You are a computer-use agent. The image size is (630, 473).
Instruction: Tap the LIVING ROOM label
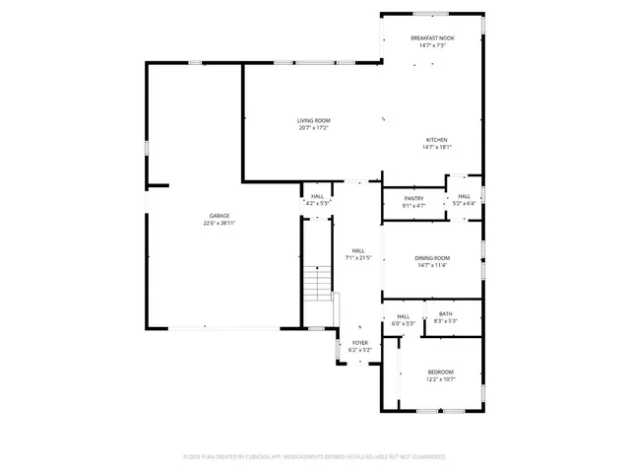point(313,120)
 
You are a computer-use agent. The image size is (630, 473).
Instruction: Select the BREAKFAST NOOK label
point(432,37)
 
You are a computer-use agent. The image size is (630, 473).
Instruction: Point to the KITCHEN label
point(436,140)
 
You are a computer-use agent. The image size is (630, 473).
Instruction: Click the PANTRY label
point(413,198)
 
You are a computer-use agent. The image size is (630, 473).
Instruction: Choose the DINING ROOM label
point(432,257)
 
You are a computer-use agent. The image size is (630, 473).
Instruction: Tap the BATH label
point(446,314)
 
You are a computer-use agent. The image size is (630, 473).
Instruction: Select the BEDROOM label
point(440,372)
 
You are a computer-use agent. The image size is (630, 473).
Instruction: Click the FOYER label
point(360,343)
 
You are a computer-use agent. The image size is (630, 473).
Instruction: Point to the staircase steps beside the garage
point(317,286)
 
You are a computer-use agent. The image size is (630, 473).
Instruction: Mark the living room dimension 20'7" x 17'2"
point(313,128)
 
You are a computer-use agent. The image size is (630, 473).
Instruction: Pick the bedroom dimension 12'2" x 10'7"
point(440,379)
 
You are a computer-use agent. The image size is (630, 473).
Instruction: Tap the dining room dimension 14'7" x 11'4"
point(432,265)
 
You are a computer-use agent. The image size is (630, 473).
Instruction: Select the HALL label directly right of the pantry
point(464,196)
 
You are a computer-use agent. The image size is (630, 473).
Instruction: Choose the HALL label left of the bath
point(403,315)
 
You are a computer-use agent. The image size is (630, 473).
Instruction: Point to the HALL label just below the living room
point(317,196)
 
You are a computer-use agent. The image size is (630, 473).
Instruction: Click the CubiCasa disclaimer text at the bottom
point(314,457)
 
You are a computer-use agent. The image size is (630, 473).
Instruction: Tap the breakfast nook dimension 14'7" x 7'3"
point(432,45)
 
